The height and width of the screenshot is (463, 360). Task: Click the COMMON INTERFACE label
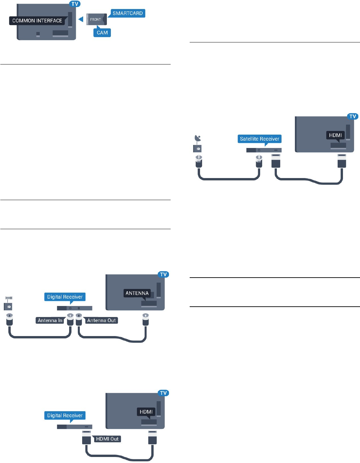(37, 21)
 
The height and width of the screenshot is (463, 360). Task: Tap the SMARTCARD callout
(128, 13)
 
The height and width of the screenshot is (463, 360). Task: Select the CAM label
(102, 33)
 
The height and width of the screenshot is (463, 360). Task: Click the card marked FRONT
(96, 19)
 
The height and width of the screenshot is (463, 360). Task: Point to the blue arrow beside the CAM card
(80, 19)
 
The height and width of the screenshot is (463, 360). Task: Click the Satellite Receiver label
(259, 139)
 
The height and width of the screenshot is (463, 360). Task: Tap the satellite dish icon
(198, 138)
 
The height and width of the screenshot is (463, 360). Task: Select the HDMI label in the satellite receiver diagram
(335, 135)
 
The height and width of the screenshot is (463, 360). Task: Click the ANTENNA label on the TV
(137, 293)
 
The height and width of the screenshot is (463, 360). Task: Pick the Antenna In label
(50, 320)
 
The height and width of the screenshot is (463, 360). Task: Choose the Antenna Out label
(101, 320)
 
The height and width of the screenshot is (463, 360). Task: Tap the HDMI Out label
(107, 439)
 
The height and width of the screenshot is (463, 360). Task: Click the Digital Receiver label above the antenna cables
(65, 297)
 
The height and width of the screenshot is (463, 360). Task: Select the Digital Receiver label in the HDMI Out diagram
(65, 416)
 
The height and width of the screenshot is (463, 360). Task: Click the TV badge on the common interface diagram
(75, 4)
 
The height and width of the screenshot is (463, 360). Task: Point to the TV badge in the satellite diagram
(353, 117)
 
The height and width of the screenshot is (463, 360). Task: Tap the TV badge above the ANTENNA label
(163, 275)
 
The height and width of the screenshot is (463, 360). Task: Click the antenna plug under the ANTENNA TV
(145, 319)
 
